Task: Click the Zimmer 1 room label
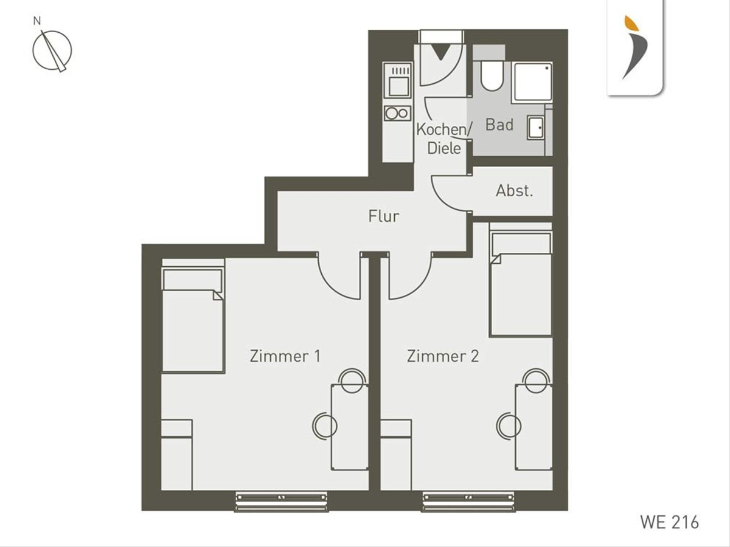[x=285, y=356]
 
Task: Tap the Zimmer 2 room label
[x=443, y=356]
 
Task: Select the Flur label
[x=383, y=216]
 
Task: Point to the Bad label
[x=499, y=125]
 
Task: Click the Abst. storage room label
[x=514, y=191]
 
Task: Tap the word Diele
[x=444, y=148]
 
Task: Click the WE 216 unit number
[x=670, y=522]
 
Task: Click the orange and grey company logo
[x=635, y=47]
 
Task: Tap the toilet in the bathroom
[x=492, y=75]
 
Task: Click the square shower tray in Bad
[x=533, y=82]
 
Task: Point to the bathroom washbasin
[x=535, y=128]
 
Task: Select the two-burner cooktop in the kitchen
[x=397, y=113]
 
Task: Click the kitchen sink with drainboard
[x=397, y=81]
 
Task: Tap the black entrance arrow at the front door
[x=440, y=52]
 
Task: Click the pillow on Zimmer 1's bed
[x=193, y=280]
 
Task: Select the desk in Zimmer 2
[x=534, y=427]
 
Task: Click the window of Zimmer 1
[x=282, y=501]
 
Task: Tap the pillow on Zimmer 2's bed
[x=521, y=244]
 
